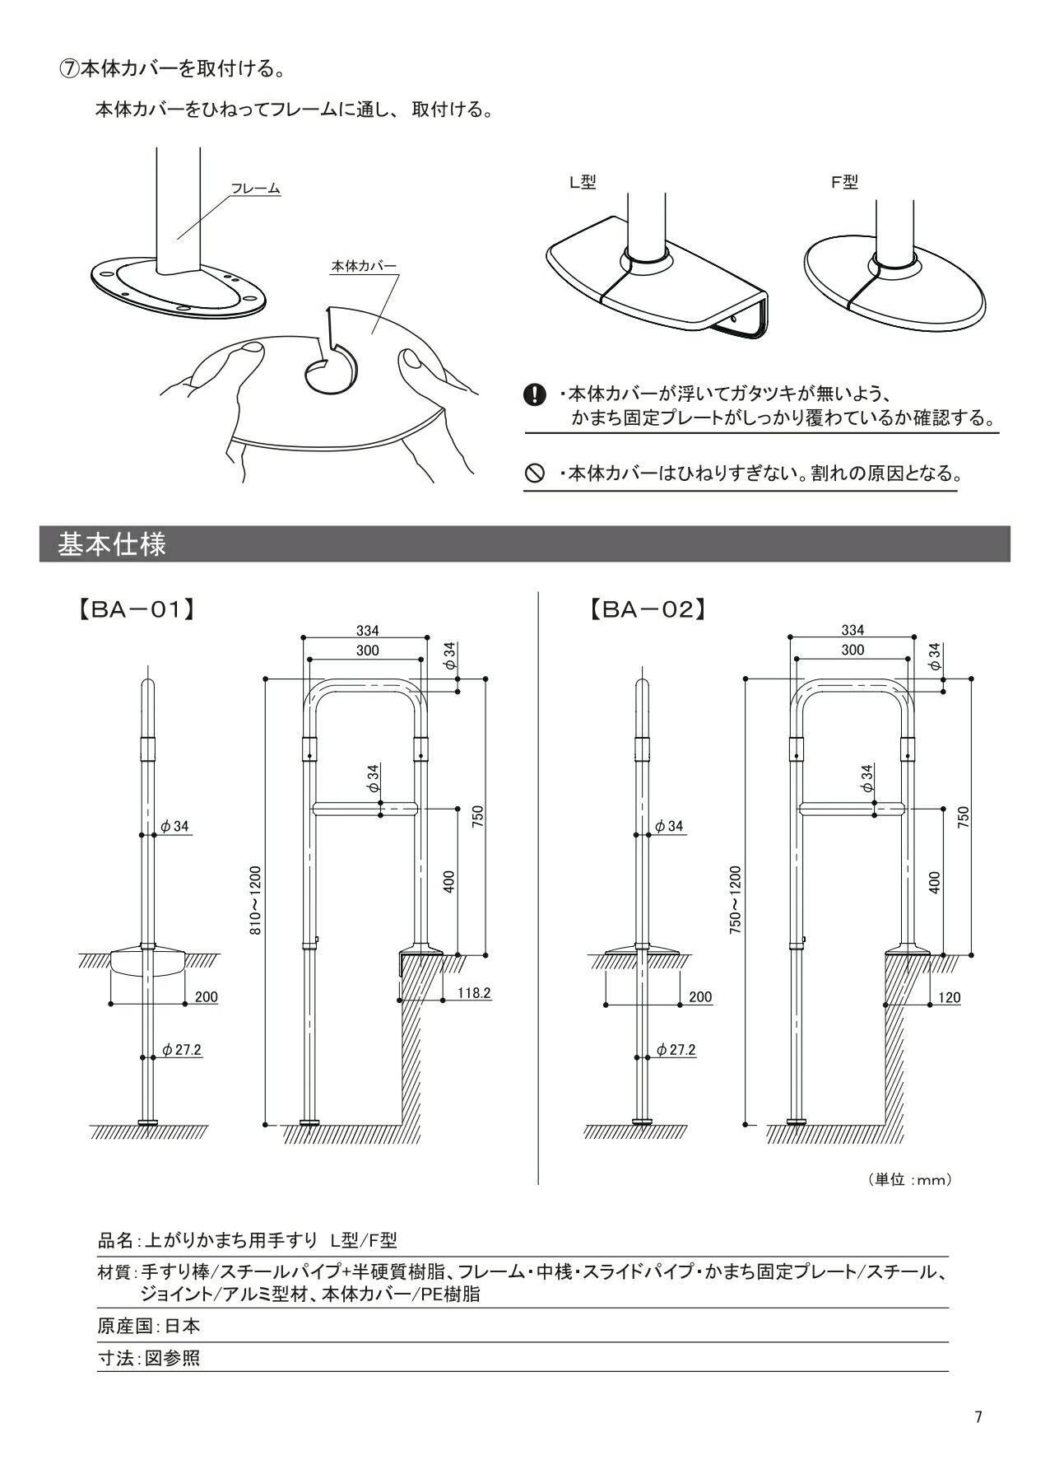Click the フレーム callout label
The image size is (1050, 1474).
tap(255, 189)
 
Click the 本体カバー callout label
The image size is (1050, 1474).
tap(364, 266)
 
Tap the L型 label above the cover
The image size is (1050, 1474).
tap(583, 182)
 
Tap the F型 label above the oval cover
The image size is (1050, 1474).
tap(844, 182)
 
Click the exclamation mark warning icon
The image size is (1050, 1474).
tap(535, 394)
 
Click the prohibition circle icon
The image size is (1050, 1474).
tap(535, 473)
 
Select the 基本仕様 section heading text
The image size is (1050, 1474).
tap(112, 544)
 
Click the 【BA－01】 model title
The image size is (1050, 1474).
tap(136, 609)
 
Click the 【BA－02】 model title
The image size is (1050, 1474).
tap(648, 609)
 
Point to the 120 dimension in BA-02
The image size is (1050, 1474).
tap(949, 997)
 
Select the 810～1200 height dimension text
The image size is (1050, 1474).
tap(255, 899)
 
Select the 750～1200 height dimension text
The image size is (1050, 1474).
tap(735, 899)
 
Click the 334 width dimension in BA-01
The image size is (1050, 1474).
tap(367, 630)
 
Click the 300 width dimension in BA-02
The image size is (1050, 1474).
tap(853, 650)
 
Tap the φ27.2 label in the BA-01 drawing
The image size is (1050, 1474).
tap(182, 1050)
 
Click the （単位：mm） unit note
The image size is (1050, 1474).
tap(909, 1179)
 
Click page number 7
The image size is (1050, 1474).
tap(978, 1416)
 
